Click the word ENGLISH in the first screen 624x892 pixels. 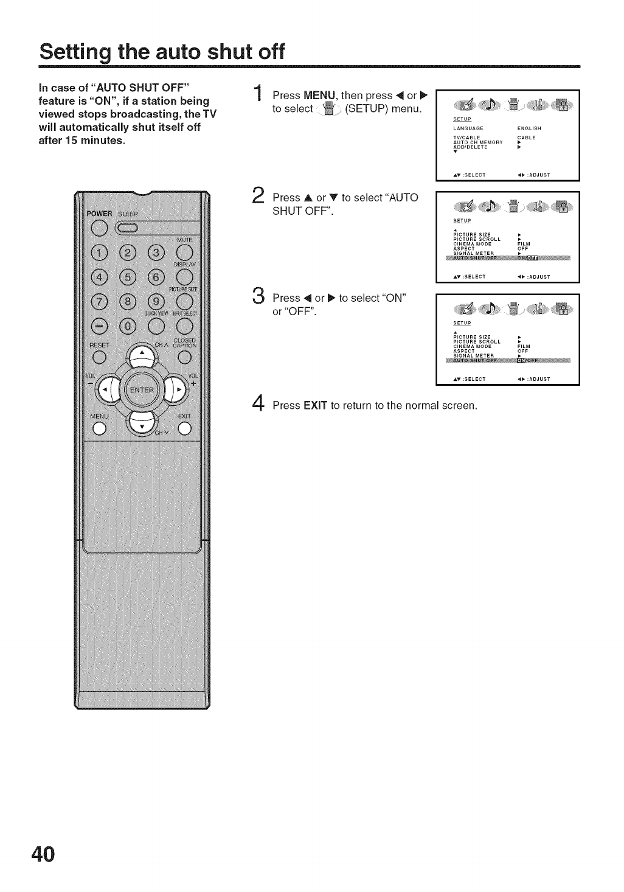529,128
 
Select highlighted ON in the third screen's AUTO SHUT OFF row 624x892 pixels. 521,360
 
